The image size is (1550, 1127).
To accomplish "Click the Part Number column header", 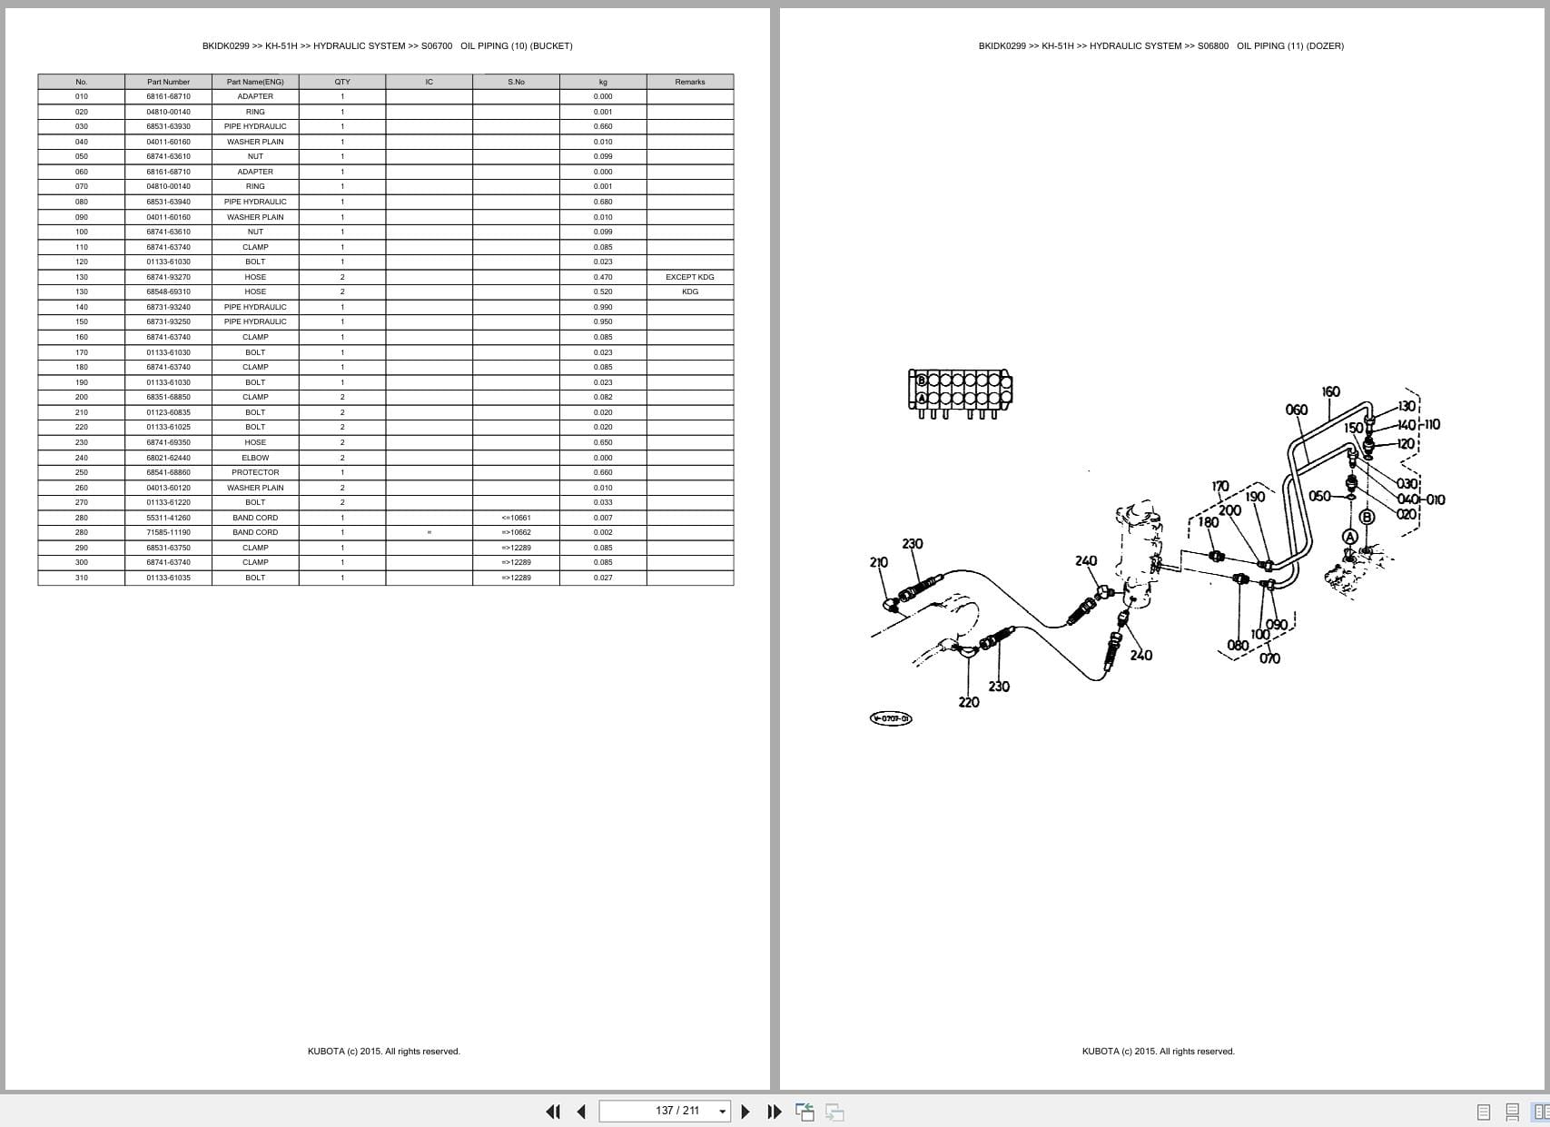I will point(168,82).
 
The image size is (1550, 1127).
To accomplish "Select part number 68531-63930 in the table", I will point(168,126).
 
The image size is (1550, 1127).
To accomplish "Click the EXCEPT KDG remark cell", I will point(689,277).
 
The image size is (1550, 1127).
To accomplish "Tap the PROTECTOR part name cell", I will point(255,472).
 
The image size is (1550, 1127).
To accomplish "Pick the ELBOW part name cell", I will point(255,458).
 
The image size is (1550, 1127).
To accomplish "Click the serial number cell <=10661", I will point(516,518).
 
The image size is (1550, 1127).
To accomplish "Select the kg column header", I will point(603,82).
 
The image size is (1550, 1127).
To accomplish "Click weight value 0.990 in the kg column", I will point(603,307).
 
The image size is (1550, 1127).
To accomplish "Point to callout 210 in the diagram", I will point(878,562).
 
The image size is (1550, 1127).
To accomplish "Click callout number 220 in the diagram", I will point(969,702).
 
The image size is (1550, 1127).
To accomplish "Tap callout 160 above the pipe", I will point(1330,391).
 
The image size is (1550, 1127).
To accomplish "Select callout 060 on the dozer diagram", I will point(1297,410).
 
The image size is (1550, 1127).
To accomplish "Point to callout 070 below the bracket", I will point(1269,658).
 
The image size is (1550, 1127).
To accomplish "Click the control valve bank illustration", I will point(960,391).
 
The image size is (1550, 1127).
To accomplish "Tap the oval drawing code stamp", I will point(891,718).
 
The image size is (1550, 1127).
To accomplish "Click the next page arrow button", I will point(745,1111).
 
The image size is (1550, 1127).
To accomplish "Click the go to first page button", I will point(552,1111).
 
